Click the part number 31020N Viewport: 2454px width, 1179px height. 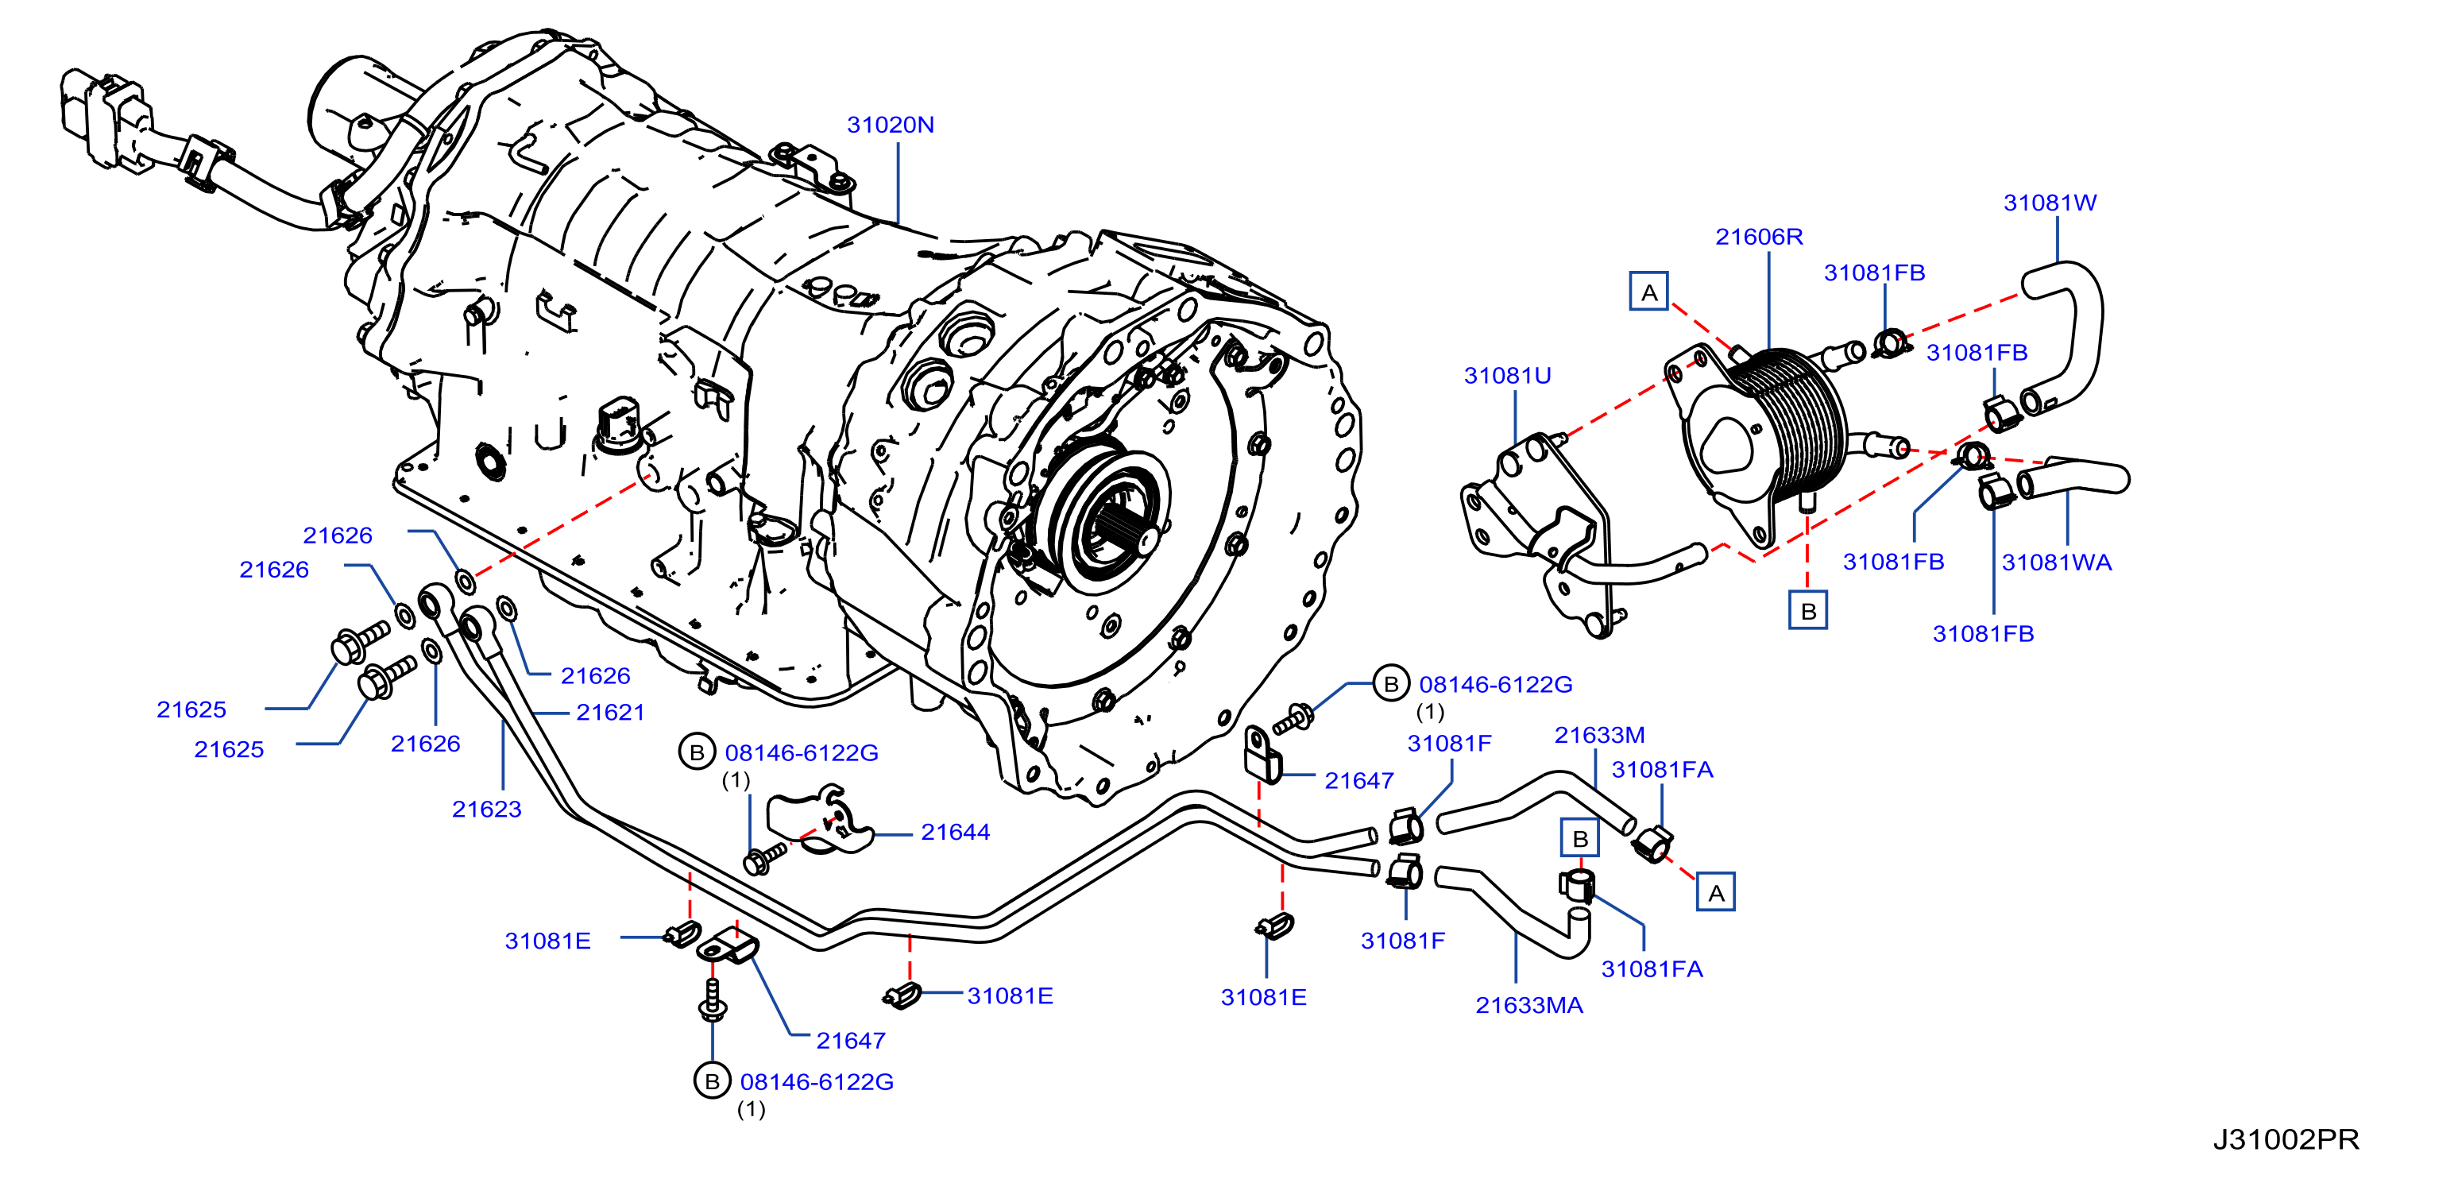click(x=890, y=125)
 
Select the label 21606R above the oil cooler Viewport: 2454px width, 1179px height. click(x=1759, y=237)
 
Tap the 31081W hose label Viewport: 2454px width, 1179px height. click(x=2050, y=203)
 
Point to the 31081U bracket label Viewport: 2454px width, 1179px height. click(x=1507, y=376)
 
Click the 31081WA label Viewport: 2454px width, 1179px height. click(x=2057, y=562)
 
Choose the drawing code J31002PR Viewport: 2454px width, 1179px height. click(x=2286, y=1139)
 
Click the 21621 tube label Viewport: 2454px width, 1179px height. click(x=611, y=713)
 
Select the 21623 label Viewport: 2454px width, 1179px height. click(x=487, y=810)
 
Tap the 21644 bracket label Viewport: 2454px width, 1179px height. click(x=956, y=833)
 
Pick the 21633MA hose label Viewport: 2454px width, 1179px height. click(x=1529, y=1006)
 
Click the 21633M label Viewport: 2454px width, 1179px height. click(x=1599, y=735)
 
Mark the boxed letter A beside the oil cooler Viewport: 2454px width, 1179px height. click(x=1649, y=292)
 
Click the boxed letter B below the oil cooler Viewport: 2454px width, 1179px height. click(x=1808, y=610)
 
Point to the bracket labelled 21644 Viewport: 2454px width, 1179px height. click(x=820, y=821)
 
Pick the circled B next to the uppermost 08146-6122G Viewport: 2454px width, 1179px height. click(x=1391, y=684)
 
